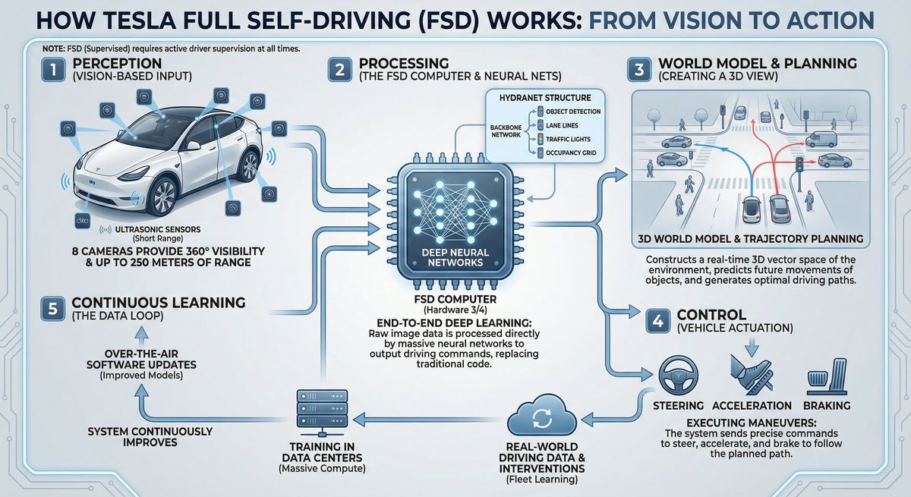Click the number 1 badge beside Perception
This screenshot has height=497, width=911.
point(53,70)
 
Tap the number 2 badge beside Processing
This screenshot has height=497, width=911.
point(340,70)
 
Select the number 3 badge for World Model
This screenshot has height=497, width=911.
point(639,70)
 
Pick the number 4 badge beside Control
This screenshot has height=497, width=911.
point(658,322)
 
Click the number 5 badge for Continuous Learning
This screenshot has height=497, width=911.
point(53,309)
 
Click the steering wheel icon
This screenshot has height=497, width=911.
point(679,376)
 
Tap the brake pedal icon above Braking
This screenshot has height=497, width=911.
point(827,376)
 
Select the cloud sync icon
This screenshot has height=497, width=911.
point(542,414)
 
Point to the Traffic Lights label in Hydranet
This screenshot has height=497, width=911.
point(568,140)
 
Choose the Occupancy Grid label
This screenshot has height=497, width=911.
point(571,153)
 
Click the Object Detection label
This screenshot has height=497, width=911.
point(573,112)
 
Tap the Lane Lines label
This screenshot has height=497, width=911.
point(562,125)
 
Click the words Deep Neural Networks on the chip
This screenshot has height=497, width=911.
point(455,258)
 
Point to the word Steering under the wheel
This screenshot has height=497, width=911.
point(679,405)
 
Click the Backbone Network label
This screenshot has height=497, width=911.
point(506,131)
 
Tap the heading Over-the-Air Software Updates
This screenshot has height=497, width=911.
point(141,359)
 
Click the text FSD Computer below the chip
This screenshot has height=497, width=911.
point(455,300)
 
